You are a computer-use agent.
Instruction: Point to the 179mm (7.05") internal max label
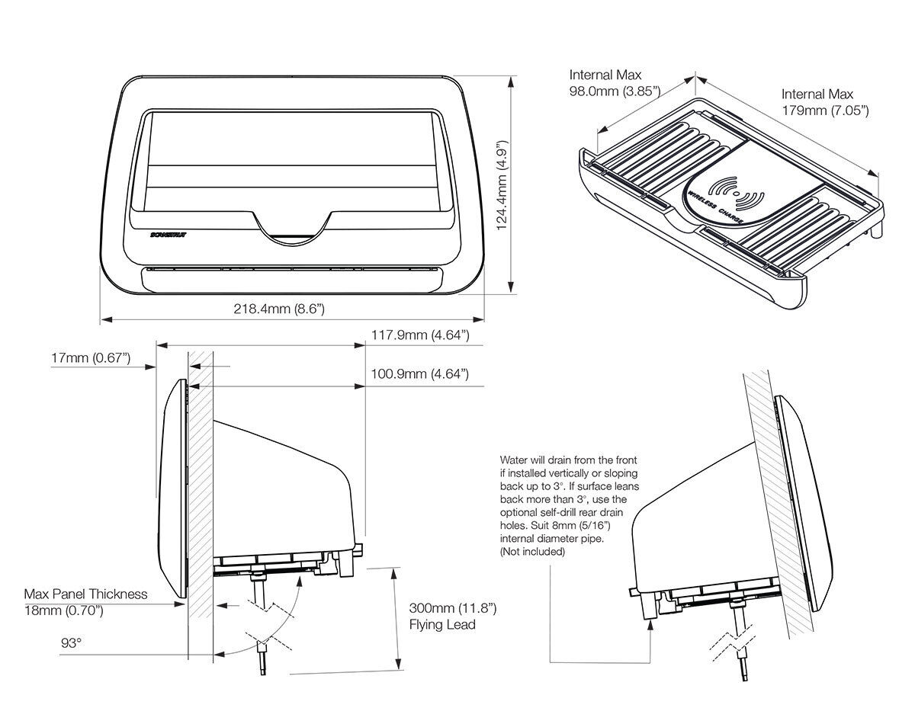coord(825,111)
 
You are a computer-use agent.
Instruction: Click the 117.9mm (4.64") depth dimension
coord(419,335)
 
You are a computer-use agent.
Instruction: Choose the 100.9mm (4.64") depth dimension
coord(419,374)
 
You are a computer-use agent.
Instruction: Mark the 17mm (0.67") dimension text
coord(91,357)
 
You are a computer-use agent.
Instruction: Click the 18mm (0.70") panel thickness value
coord(65,610)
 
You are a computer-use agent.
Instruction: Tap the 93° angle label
coord(71,643)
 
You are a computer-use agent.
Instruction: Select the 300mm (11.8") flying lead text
coord(452,608)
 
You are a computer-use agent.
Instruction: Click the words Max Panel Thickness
coord(85,594)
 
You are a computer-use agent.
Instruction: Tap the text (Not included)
coord(532,552)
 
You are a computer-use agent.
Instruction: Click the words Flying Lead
coord(442,625)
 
